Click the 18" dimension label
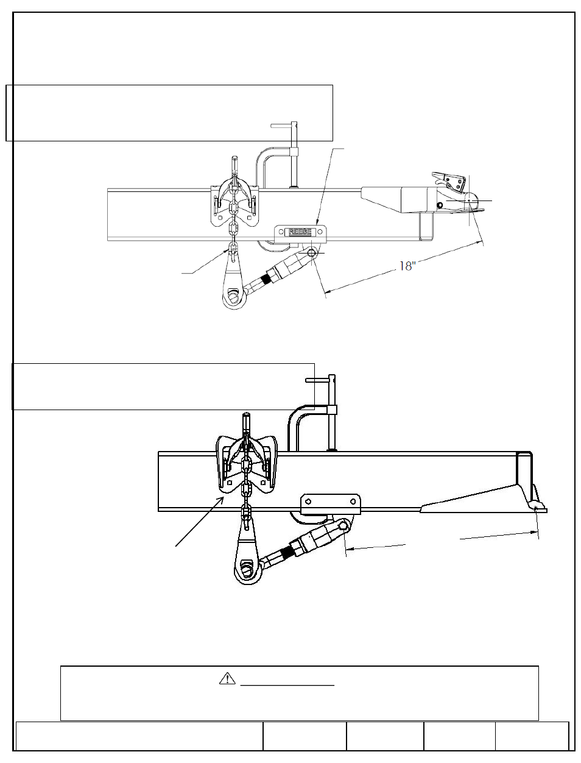pyautogui.click(x=407, y=266)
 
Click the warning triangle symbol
pyautogui.click(x=227, y=678)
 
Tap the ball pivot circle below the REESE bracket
pyautogui.click(x=312, y=252)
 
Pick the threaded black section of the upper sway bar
pyautogui.click(x=266, y=280)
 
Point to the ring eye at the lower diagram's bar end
pyautogui.click(x=245, y=572)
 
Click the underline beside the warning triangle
pyautogui.click(x=287, y=685)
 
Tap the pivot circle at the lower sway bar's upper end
pyautogui.click(x=344, y=525)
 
